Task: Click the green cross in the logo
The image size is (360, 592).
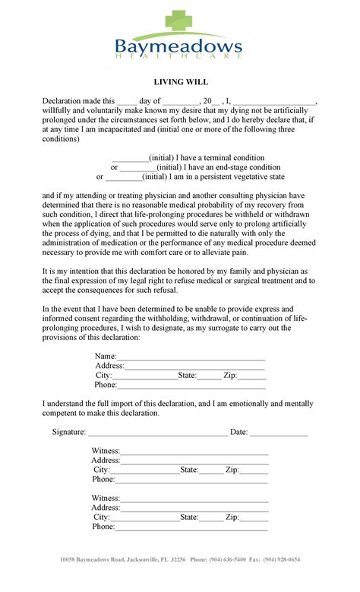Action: pos(179,21)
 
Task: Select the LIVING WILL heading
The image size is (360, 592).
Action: pos(179,82)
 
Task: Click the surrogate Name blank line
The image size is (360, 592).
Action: pos(191,357)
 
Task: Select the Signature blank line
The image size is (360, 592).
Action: pos(157,433)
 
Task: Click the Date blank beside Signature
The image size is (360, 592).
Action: pos(279,433)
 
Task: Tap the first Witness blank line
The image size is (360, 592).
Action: pos(194,452)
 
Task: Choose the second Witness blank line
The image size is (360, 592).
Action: pos(194,499)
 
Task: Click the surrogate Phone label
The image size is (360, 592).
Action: pos(106,385)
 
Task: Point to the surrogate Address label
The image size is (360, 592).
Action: pos(109,366)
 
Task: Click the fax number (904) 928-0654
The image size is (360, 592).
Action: pos(282,559)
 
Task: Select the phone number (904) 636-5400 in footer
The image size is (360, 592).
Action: pos(229,559)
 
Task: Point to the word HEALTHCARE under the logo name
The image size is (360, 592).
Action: pos(179,58)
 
